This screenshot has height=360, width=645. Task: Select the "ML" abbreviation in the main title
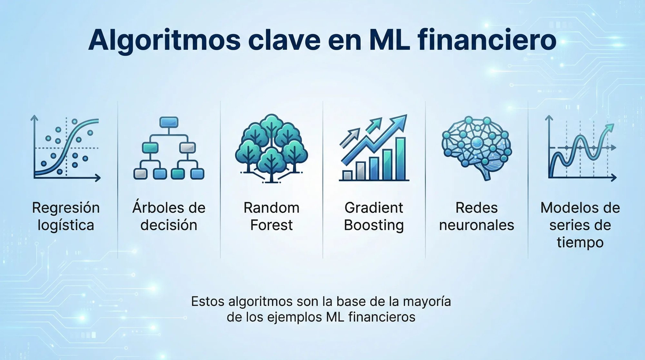tap(390, 40)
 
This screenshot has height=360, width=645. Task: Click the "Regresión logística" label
tap(66, 216)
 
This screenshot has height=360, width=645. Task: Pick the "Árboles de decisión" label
tap(169, 216)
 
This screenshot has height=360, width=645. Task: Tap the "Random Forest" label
tap(272, 216)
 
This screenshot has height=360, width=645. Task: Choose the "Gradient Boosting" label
tap(374, 216)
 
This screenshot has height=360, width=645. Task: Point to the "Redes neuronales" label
tap(476, 216)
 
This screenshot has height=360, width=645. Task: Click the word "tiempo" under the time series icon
tap(580, 243)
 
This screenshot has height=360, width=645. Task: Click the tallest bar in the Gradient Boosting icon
tap(401, 158)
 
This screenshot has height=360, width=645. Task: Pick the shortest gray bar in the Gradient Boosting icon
tap(347, 175)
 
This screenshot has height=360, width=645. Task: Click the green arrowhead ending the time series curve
tap(610, 127)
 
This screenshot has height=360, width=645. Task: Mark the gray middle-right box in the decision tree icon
tap(187, 147)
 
